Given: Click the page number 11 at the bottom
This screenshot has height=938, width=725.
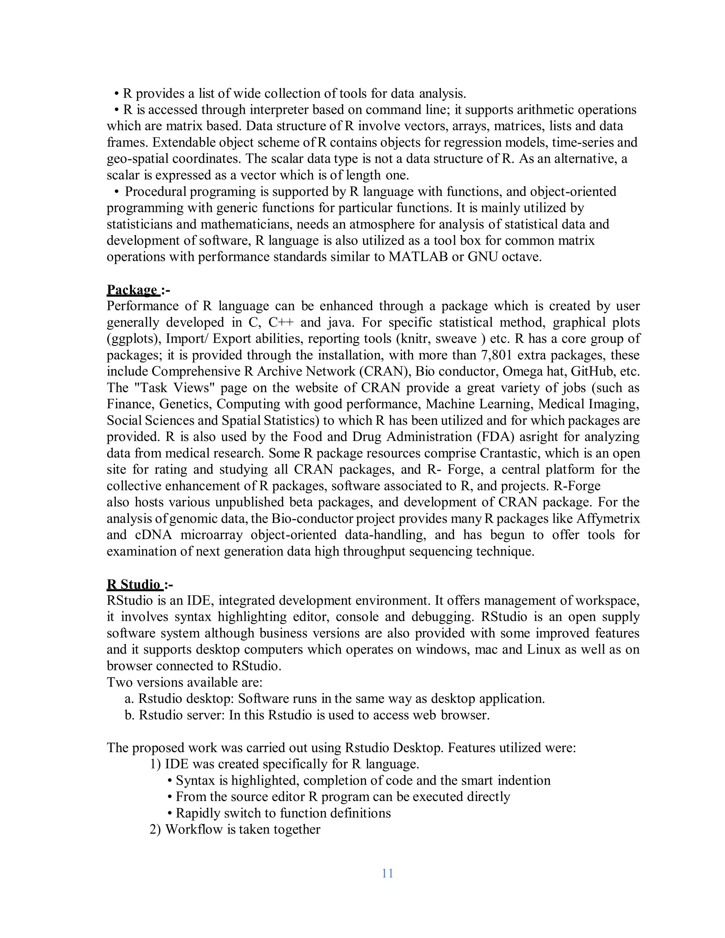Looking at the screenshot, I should [387, 873].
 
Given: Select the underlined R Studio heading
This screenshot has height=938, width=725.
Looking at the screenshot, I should [133, 584].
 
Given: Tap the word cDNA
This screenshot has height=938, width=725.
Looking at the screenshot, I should [153, 535].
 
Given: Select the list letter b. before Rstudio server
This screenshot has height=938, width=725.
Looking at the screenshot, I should [129, 715].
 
